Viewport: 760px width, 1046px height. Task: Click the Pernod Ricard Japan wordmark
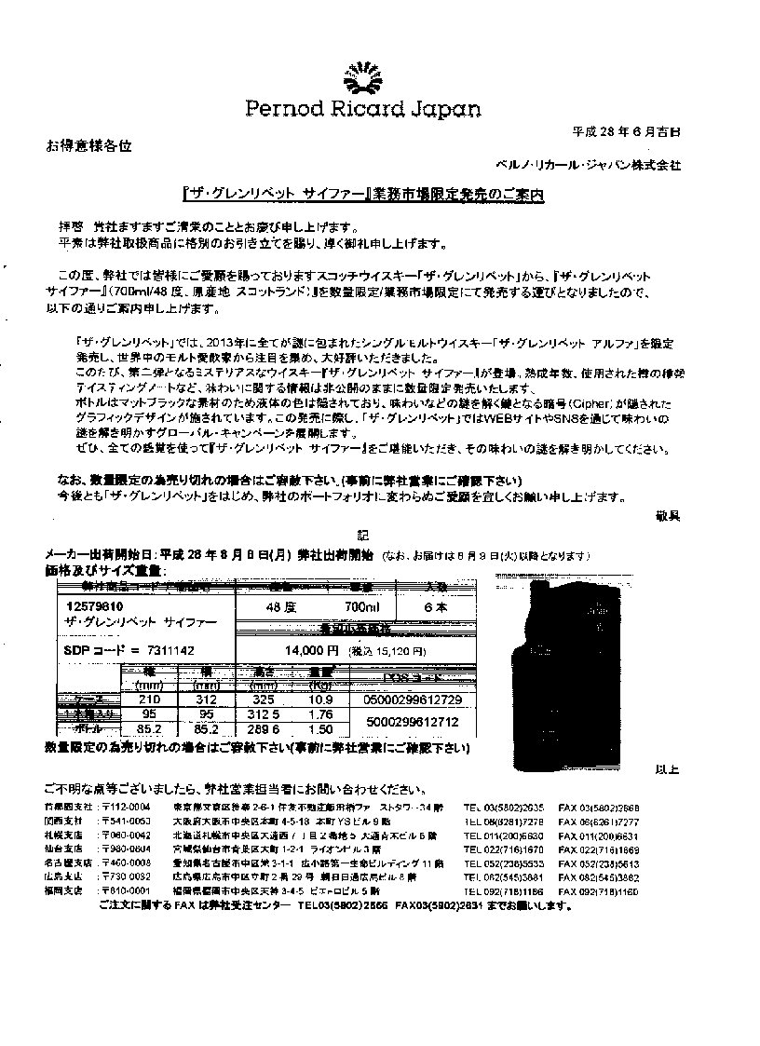(363, 110)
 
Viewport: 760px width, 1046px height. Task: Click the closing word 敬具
(668, 514)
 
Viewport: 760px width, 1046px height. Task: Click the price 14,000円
(305, 650)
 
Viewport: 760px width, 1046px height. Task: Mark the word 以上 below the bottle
(666, 769)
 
